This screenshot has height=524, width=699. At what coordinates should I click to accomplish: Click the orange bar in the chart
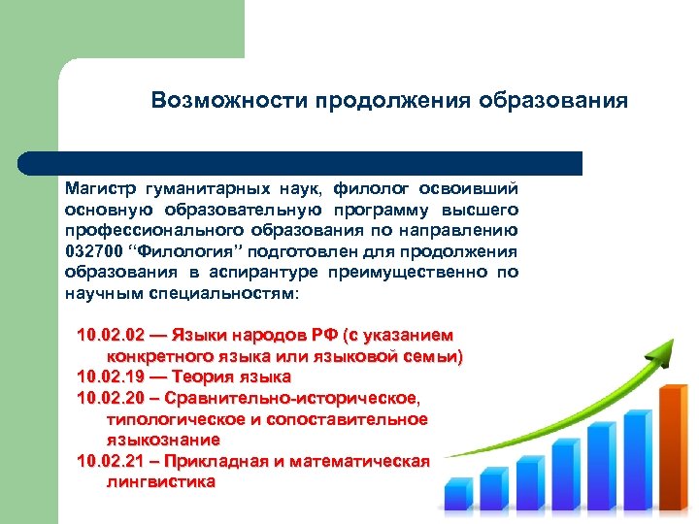[673, 446]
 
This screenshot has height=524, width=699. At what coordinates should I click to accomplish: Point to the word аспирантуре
[267, 272]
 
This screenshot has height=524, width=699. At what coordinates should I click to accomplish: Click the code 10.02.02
[110, 336]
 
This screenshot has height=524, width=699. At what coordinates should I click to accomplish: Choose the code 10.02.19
[110, 376]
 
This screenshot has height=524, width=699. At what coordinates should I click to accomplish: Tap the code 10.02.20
[110, 398]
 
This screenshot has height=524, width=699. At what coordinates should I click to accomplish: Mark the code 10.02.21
[110, 461]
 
